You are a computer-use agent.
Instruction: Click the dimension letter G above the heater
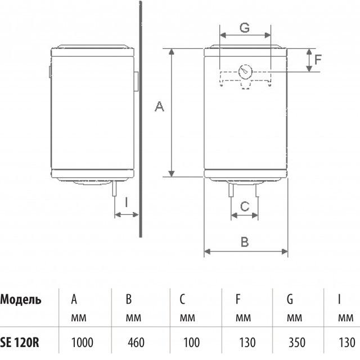pyautogui.click(x=245, y=28)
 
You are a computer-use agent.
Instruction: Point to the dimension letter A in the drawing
pyautogui.click(x=159, y=106)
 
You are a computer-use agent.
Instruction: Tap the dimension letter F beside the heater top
pyautogui.click(x=318, y=60)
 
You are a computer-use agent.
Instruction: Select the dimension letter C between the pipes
pyautogui.click(x=245, y=206)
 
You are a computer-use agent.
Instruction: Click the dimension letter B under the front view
pyautogui.click(x=245, y=242)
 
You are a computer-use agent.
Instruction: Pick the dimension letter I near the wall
pyautogui.click(x=126, y=202)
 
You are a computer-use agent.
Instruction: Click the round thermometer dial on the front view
pyautogui.click(x=245, y=72)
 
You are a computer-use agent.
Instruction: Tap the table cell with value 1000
pyautogui.click(x=82, y=343)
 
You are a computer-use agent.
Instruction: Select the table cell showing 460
pyautogui.click(x=136, y=343)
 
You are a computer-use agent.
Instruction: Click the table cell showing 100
pyautogui.click(x=191, y=343)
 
